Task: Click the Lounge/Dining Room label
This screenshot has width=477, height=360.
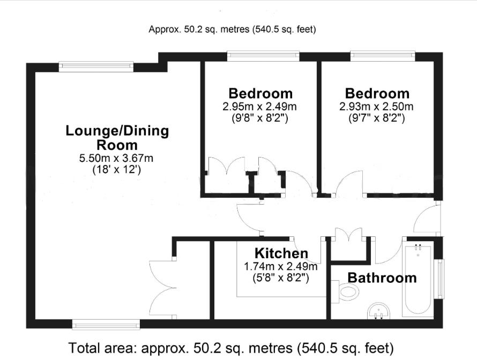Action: [x=117, y=138]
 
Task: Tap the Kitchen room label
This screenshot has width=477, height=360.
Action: [x=281, y=253]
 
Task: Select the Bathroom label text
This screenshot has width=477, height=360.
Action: [x=382, y=277]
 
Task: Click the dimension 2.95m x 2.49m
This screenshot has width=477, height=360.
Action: [x=260, y=106]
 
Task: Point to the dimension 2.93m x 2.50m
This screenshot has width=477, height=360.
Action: [x=377, y=106]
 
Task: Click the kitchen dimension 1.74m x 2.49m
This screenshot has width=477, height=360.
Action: [x=281, y=266]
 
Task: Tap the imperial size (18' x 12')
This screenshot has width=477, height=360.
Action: [x=117, y=170]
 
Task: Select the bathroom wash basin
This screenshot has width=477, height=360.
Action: [x=381, y=311]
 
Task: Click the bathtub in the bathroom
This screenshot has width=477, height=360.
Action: [x=419, y=281]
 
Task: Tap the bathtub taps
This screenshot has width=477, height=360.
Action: [x=419, y=248]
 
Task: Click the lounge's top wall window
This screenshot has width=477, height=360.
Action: [x=96, y=66]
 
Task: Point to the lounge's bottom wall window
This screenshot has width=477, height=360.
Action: [x=106, y=324]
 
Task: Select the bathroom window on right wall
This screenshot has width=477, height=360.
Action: [x=440, y=279]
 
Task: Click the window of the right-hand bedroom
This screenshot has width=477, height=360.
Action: [x=382, y=55]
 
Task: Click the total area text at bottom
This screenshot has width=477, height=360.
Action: [x=231, y=348]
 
